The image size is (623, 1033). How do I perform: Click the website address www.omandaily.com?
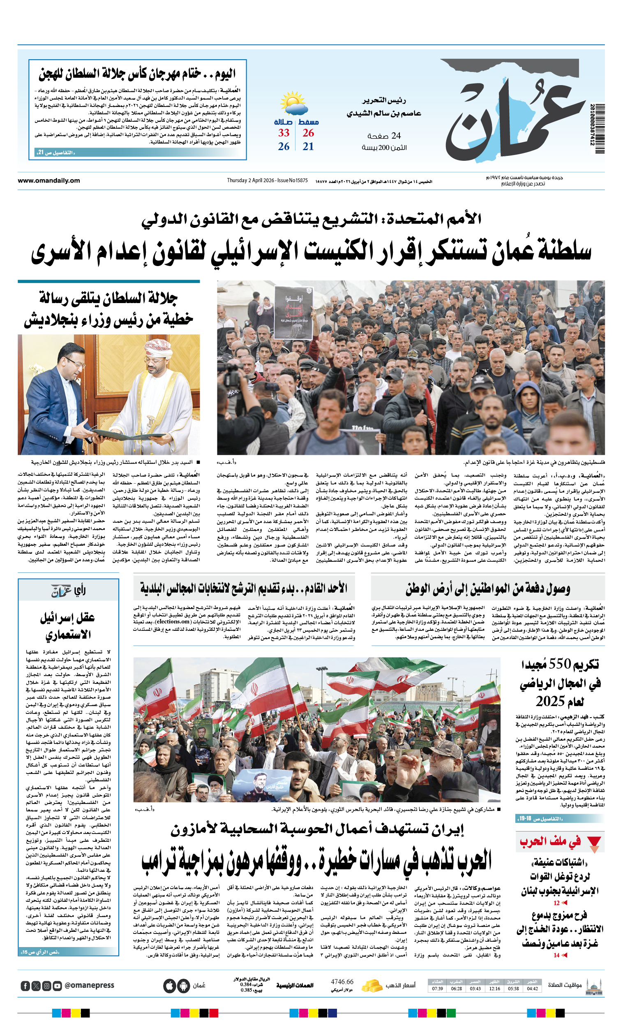point(48,181)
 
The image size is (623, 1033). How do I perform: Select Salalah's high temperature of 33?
point(284,133)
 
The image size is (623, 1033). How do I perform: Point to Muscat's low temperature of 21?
point(308,147)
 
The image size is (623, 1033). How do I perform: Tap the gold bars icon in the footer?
point(371,985)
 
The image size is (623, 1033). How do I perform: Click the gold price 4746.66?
point(342,982)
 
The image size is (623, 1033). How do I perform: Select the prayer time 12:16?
point(494,988)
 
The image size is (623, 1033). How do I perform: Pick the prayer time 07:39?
point(437,988)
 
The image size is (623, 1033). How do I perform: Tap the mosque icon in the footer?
point(594,986)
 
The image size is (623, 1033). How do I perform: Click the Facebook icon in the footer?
point(25,986)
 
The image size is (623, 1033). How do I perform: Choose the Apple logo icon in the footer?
point(169,986)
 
